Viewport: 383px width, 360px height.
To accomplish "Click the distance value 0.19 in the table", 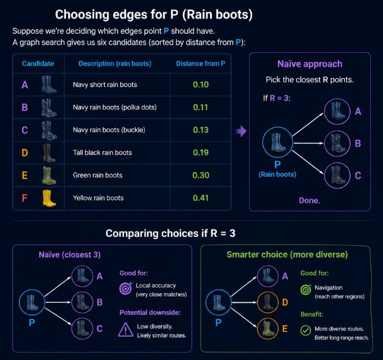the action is pos(201,152).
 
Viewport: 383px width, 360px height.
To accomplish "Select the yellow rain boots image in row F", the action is pos(49,198).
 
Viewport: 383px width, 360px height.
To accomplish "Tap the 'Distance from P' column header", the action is pos(201,64).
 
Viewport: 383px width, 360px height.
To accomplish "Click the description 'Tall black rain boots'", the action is pos(102,152).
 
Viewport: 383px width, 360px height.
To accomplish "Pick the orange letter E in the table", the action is pos(24,176).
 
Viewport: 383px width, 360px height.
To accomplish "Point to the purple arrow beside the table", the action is pos(241,131).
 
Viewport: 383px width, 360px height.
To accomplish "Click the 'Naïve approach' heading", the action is pos(310,64).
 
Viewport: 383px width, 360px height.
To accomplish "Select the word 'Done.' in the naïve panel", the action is pos(310,201).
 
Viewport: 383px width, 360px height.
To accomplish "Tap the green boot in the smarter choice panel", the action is pos(268,328).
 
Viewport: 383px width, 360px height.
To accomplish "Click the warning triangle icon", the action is pos(126,330).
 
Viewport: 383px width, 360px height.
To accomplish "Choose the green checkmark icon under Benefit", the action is pos(306,331).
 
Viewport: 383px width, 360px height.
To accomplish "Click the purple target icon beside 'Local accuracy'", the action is pos(126,288).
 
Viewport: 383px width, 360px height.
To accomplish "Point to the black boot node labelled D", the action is pos(268,302).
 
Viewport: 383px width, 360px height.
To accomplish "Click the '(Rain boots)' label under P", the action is pos(278,174).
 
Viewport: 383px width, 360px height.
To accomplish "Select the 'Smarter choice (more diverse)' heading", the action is pos(287,255).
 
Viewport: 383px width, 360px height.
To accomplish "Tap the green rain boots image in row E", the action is pos(49,176).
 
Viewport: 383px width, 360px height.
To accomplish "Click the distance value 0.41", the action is pos(201,198).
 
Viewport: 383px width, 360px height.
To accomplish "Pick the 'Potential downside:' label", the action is pos(150,312).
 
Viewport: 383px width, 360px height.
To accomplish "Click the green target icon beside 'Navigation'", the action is pos(306,289).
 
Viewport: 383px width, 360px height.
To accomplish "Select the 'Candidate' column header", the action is pos(38,64).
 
